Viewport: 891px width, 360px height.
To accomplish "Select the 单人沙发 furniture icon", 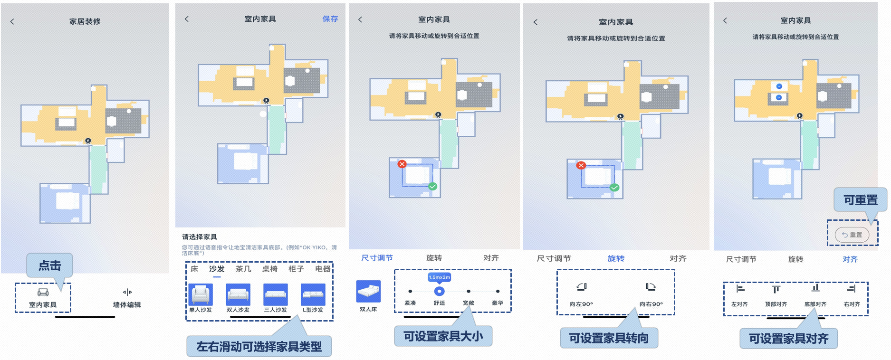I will tap(201, 294).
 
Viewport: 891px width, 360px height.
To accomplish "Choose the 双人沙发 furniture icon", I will tap(238, 294).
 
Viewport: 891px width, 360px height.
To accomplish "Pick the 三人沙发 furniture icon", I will tap(276, 294).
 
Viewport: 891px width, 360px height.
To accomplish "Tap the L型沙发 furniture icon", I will tap(313, 294).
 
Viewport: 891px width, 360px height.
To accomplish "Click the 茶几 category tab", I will tap(243, 269).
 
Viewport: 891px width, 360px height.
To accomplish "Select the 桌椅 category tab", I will tap(270, 269).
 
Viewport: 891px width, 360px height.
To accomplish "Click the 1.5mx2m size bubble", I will tap(440, 277).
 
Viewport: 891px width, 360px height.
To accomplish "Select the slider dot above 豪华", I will tap(498, 291).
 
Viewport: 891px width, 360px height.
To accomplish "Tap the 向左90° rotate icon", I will tap(582, 287).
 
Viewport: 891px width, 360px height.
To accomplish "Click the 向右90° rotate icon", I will tap(651, 287).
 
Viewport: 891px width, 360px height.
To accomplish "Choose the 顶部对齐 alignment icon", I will tap(776, 289).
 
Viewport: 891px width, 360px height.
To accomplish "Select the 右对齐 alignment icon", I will tap(852, 289).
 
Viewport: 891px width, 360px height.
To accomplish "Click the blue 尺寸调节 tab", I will tap(377, 258).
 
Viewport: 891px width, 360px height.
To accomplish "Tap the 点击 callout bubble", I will tap(50, 265).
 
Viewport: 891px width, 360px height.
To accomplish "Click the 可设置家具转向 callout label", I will tap(609, 338).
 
